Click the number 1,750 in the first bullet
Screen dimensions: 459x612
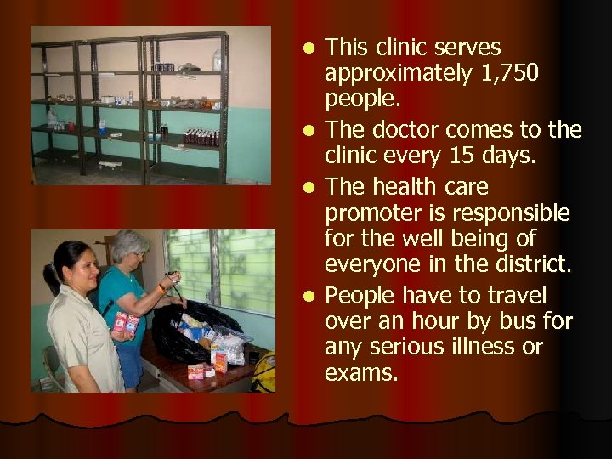coord(508,74)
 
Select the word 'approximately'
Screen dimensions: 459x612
coord(399,74)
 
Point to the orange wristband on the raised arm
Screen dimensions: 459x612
coord(162,289)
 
